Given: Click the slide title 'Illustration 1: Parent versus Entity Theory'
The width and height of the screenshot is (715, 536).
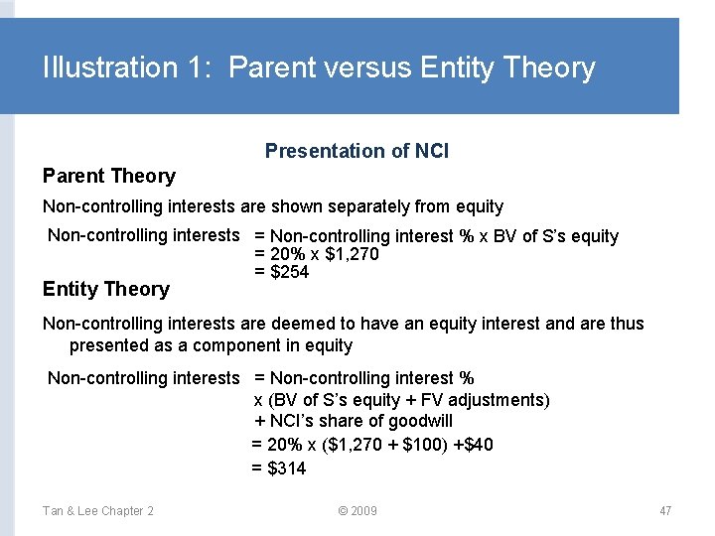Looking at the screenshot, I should coord(319,67).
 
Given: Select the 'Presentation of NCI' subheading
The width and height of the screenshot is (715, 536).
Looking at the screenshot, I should coord(357,151).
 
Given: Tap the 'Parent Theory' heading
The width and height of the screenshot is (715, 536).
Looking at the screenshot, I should coord(108,176).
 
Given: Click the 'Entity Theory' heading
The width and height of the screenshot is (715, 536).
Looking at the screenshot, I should coord(105,289).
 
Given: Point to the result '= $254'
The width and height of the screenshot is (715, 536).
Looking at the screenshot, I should coord(282,272).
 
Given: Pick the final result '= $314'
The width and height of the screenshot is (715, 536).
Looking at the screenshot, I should coord(279,469).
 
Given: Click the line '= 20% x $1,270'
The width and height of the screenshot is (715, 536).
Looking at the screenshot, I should coord(317,254).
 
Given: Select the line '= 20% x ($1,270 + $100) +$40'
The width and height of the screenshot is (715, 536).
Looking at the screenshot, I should coord(372,445).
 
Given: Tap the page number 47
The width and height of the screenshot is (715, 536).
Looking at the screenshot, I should coord(665,511).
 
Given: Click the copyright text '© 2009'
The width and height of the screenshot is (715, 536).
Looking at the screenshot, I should coord(357,511).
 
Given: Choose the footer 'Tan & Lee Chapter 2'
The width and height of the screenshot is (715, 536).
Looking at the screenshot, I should coord(97,511).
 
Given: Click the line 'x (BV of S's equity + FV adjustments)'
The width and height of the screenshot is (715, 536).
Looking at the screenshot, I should coord(401,400).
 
